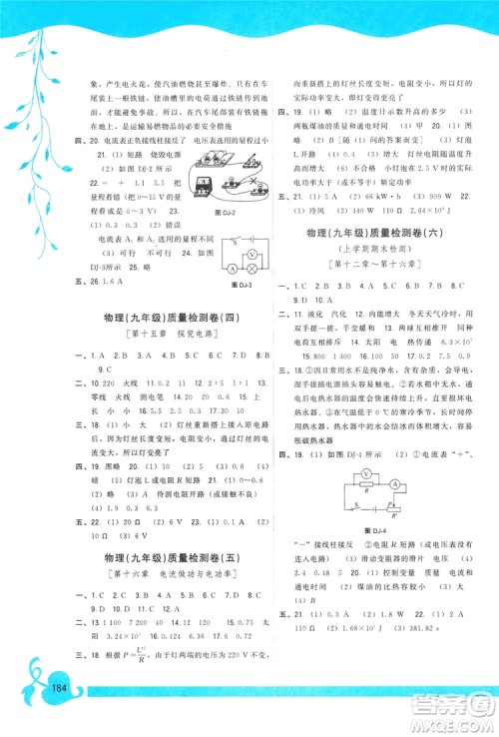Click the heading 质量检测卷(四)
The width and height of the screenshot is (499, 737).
[x=165, y=317]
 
